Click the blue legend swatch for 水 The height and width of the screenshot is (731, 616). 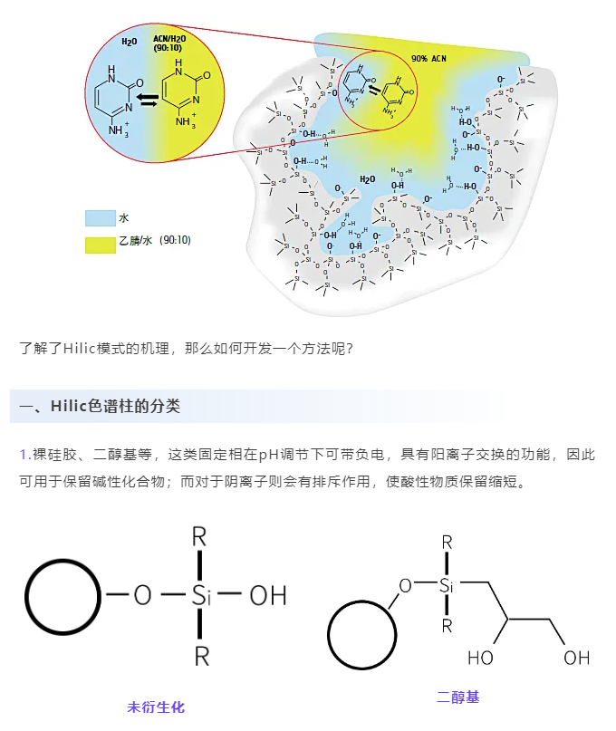[100, 218]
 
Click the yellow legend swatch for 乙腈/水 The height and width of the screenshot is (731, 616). [100, 243]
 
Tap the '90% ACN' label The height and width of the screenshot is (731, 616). [428, 58]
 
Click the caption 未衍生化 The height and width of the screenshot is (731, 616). [156, 707]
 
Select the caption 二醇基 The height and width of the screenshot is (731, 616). [458, 697]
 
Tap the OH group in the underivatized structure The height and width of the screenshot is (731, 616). [267, 595]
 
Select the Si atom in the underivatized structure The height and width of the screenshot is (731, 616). [200, 595]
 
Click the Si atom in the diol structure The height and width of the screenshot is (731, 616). [447, 585]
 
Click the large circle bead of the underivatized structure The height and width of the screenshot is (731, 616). [63, 596]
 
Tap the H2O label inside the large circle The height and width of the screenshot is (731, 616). [130, 41]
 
